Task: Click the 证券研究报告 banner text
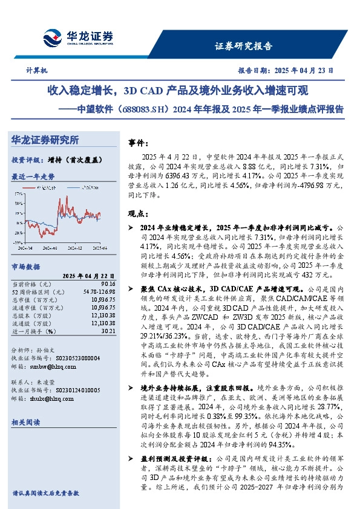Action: click(244, 46)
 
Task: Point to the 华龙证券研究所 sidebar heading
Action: click(45, 140)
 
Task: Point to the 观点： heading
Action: click(139, 213)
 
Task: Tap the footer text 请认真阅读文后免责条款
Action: click(46, 493)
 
